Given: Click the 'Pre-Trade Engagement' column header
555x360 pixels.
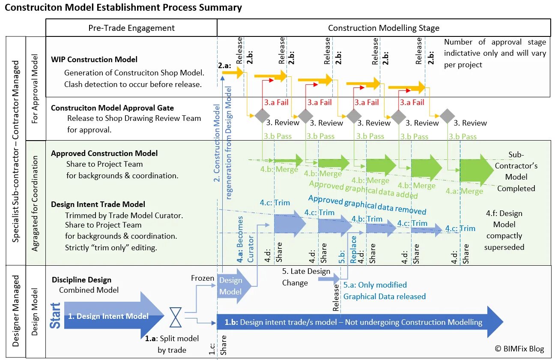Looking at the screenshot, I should (x=131, y=28).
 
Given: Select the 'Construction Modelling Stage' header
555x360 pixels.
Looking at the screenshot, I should (x=384, y=28).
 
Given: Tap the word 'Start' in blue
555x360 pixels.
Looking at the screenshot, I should (x=56, y=315).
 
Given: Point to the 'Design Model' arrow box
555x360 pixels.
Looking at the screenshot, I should (x=231, y=286).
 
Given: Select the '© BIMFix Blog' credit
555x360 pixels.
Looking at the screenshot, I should (x=519, y=349).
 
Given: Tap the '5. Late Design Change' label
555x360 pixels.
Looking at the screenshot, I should (x=306, y=277).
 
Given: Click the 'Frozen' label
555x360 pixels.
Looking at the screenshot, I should (x=203, y=278).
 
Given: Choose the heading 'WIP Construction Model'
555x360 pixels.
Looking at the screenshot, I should (x=94, y=60).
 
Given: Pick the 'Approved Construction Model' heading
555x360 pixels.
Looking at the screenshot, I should (x=104, y=153).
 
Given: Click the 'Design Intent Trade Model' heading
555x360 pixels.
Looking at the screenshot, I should (x=98, y=204).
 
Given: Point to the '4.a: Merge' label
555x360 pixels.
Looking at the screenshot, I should (x=464, y=192).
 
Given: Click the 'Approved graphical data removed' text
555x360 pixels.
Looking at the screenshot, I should (x=367, y=205).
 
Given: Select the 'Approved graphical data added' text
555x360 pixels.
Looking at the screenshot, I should (x=363, y=189).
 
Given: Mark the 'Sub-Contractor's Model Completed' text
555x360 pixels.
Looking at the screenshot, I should (x=516, y=171).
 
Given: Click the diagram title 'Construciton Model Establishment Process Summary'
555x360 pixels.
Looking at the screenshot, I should (x=123, y=8).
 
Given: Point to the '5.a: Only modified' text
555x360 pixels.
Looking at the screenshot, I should (x=375, y=285).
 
